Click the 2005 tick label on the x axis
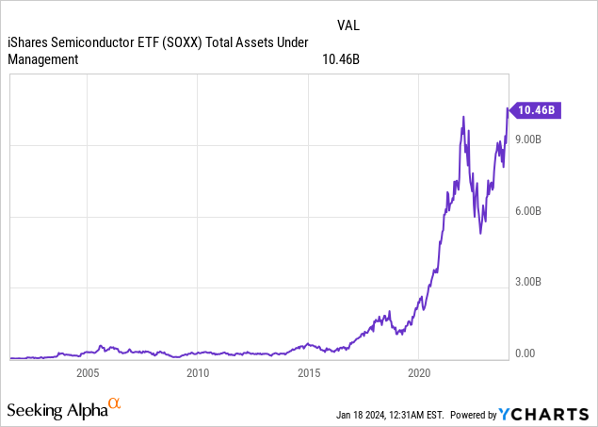88,372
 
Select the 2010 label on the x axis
198,372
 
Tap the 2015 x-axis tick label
308,372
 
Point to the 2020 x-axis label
418,372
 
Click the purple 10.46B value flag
539,110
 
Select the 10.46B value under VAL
341,58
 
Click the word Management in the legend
42,58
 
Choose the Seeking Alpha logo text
57,410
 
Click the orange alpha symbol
114,404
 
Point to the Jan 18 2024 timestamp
390,415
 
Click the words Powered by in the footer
474,415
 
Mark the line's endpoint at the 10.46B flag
509,110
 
